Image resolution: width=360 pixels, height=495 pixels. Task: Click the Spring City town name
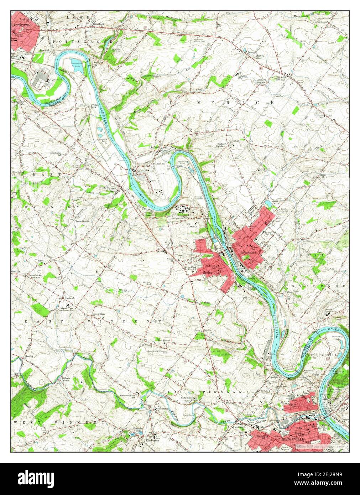211,272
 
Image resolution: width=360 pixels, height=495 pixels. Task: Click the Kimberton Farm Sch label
128,397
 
